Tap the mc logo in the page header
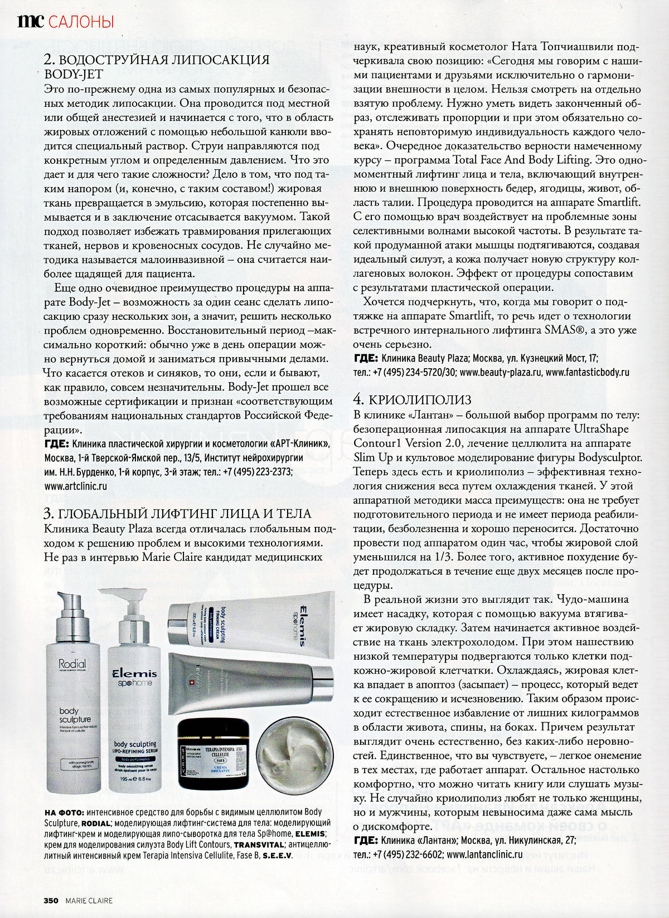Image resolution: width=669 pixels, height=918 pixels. [x=28, y=21]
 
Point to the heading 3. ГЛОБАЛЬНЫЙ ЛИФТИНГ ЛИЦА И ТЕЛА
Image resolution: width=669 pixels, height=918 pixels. [x=177, y=513]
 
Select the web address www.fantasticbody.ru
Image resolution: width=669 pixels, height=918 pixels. [x=588, y=372]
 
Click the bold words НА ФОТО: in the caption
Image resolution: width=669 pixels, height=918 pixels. [x=64, y=813]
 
